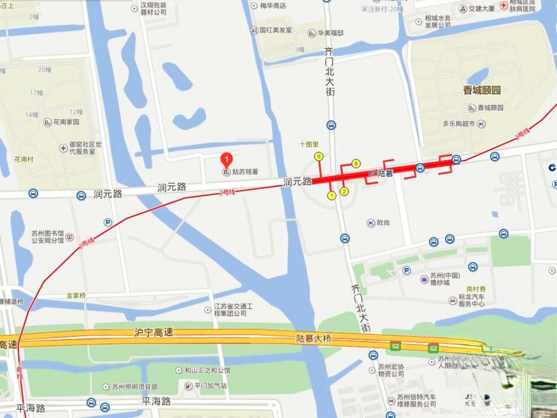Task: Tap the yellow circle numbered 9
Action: tap(319, 157)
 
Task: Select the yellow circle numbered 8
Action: tap(356, 164)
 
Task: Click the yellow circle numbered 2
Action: tap(344, 192)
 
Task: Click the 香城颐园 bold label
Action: tap(482, 90)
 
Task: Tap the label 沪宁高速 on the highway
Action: tap(154, 333)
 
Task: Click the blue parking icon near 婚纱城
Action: tap(407, 270)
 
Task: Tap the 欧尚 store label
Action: tap(383, 222)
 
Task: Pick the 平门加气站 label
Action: tap(210, 386)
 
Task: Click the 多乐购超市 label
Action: tap(458, 124)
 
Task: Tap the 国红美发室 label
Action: tap(275, 30)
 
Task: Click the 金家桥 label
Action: tap(76, 296)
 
